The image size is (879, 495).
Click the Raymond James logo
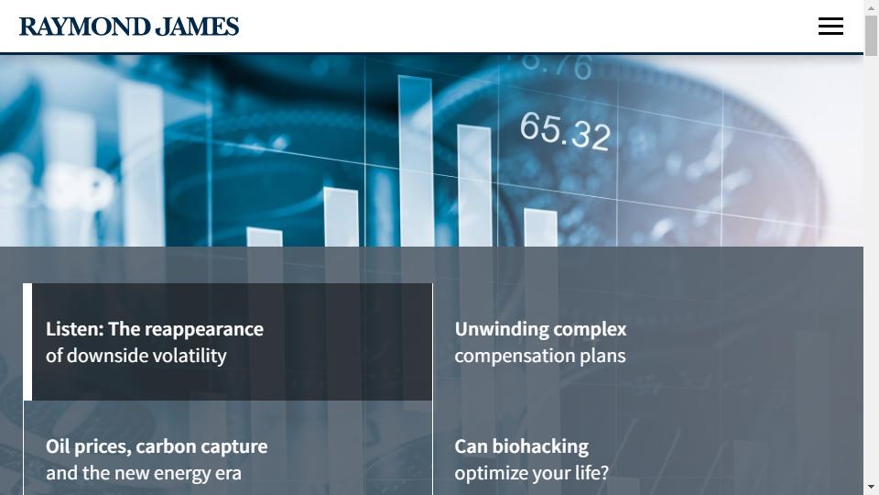tap(129, 27)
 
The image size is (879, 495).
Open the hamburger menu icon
tap(830, 27)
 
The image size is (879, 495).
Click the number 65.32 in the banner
tap(565, 131)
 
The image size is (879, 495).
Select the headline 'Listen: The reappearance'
tap(154, 329)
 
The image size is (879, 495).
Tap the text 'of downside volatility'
tap(136, 356)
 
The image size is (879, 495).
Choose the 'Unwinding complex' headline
tap(540, 329)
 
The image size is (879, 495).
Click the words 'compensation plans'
tap(540, 356)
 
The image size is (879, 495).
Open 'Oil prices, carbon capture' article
tap(157, 446)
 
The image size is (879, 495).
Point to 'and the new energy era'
tap(144, 473)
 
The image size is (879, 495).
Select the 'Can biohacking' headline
tap(521, 446)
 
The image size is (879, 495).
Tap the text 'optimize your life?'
tap(531, 473)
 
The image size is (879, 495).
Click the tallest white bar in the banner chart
tap(416, 161)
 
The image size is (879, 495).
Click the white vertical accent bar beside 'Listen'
tap(27, 342)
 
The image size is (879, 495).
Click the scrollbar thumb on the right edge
tap(871, 36)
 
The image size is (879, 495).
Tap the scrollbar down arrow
tap(871, 487)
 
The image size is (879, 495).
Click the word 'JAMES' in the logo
tap(198, 27)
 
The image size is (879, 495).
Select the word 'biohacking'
tap(540, 446)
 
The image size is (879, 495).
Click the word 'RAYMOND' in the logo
tap(84, 27)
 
